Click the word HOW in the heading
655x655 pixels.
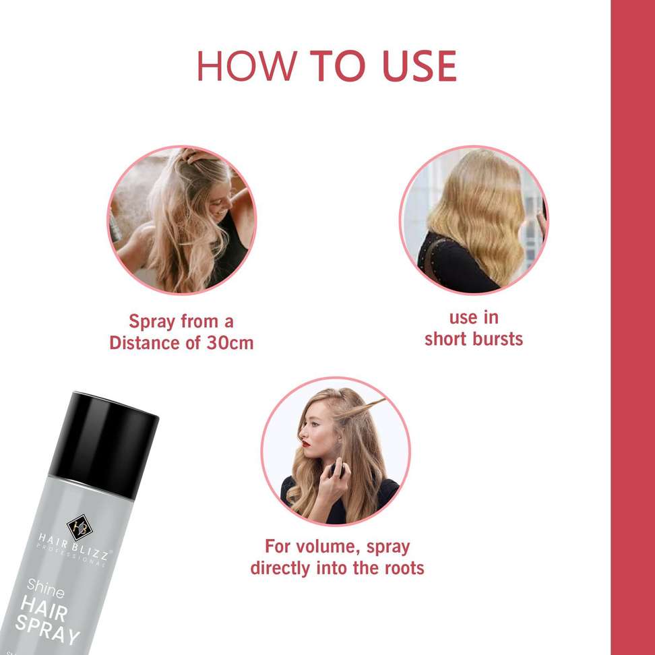[x=247, y=66]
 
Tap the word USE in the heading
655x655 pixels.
[x=419, y=66]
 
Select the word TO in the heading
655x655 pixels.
[x=338, y=66]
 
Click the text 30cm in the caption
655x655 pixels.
[x=230, y=343]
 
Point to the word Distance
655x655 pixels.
[x=145, y=343]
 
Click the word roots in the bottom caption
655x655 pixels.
[x=404, y=568]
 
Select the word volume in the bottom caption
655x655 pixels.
[x=324, y=547]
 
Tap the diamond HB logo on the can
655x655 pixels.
[x=80, y=527]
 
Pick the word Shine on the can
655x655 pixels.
[x=46, y=588]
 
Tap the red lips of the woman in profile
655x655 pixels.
[x=306, y=443]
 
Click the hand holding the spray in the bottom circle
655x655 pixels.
[x=334, y=485]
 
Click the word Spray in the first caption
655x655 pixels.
[x=152, y=322]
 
